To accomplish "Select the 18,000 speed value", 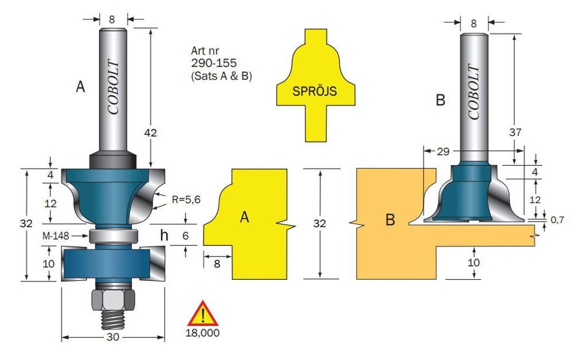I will point(203,331).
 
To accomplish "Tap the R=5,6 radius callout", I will point(185,200).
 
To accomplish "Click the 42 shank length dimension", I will point(150,133).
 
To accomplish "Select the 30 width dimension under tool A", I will point(112,337).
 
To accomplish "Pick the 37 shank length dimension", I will point(515,132).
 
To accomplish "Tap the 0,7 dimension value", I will point(557,220).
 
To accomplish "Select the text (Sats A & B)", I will point(223,75).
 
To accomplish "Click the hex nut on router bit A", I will point(113,299).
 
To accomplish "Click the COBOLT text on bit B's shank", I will point(473,92).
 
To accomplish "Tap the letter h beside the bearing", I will point(165,235).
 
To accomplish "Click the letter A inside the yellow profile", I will point(244,218).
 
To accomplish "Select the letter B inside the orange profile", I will point(390,220).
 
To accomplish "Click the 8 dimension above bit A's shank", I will point(111,19).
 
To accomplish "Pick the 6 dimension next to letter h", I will point(186,235).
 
